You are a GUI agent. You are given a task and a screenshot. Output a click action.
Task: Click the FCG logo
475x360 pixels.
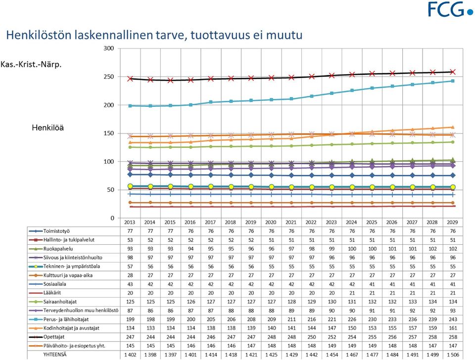[x=450, y=9]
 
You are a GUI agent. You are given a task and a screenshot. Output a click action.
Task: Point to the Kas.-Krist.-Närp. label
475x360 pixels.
[x=31, y=64]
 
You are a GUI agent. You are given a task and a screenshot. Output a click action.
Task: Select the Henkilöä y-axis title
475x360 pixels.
[x=48, y=128]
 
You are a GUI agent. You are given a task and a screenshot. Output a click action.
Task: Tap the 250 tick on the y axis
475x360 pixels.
[x=109, y=77]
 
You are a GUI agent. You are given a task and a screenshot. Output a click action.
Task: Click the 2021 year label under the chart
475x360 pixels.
[x=291, y=222]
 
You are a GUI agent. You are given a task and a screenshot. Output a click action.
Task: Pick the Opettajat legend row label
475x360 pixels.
[x=54, y=337]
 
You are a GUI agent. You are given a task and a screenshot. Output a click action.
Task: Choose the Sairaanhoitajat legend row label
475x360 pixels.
[x=60, y=302]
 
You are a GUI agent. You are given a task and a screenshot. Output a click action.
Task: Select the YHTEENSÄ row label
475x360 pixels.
[x=55, y=355]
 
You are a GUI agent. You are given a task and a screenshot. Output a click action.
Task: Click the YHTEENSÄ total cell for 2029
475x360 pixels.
[x=453, y=355]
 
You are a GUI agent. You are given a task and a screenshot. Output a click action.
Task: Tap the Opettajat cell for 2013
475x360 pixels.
[x=130, y=337]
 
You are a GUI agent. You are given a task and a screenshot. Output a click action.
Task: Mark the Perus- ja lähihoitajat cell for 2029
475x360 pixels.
[x=453, y=319]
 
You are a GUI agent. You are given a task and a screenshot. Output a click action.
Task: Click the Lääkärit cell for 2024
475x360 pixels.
[x=352, y=293]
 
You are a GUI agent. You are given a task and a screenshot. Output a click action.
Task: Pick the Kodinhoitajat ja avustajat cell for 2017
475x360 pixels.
[x=211, y=328]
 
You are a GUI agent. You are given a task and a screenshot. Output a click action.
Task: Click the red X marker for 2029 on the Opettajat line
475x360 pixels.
[x=453, y=72]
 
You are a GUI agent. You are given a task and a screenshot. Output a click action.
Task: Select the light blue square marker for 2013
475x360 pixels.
[x=130, y=106]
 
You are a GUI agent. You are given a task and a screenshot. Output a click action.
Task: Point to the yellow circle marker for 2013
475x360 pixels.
[x=130, y=186]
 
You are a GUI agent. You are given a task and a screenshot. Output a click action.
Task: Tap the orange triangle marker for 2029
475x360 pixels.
[x=453, y=127]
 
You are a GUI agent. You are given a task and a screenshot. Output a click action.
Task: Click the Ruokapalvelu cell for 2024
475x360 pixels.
[x=352, y=249]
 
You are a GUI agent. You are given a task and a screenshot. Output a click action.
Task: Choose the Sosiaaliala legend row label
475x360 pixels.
[x=54, y=284]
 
